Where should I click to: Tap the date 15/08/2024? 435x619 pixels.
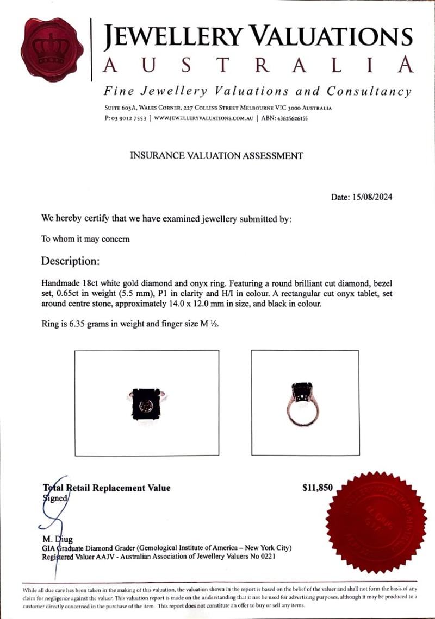tap(372, 197)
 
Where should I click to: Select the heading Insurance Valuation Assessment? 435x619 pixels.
tap(216, 156)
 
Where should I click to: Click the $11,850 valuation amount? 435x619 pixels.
tap(317, 488)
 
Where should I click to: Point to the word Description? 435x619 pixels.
tap(70, 261)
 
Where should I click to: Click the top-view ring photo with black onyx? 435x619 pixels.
tap(146, 403)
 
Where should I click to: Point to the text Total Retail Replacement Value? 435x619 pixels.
tap(107, 488)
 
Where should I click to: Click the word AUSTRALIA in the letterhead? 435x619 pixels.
tap(258, 66)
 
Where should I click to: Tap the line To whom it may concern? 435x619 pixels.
tap(85, 238)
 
